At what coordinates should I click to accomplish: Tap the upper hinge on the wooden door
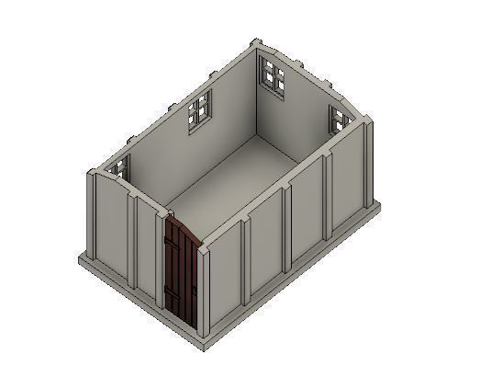170,241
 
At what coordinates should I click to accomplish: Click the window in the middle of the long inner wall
199,111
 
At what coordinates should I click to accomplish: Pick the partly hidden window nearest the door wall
119,168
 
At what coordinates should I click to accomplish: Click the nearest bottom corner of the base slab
206,348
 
